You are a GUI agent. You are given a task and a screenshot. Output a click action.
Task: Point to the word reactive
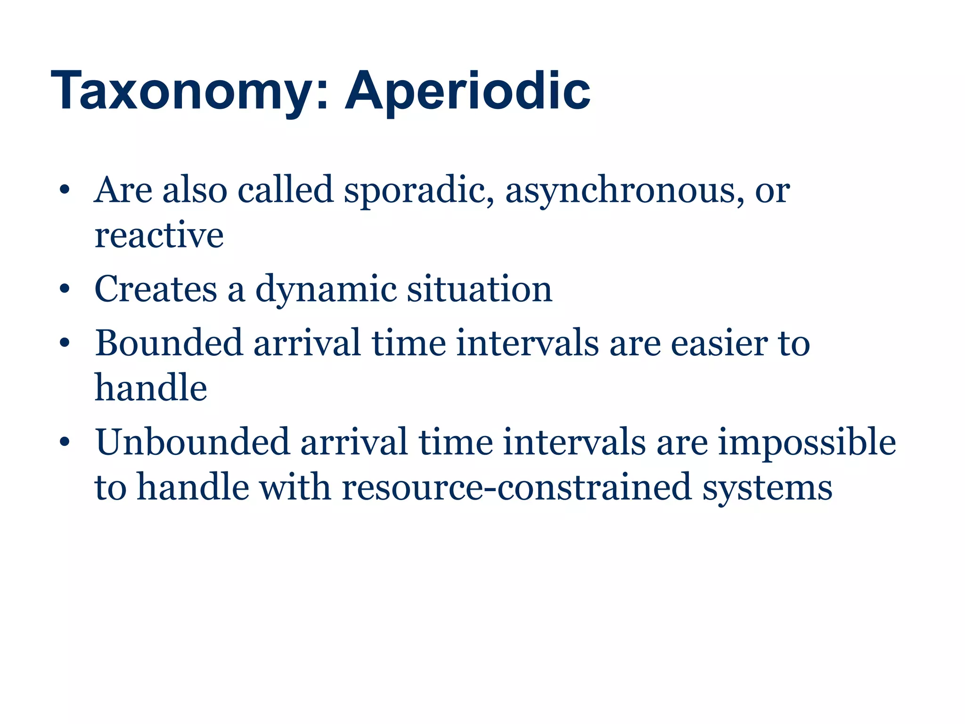[159, 235]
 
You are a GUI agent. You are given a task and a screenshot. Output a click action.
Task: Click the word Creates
[155, 289]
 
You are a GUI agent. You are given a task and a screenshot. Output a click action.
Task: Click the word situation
[479, 289]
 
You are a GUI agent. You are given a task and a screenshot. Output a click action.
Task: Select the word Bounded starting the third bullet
[169, 343]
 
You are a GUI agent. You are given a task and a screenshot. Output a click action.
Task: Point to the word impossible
[807, 443]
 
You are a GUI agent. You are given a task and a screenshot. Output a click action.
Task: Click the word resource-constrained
[516, 487]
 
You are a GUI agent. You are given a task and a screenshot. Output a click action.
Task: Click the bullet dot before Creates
[65, 289]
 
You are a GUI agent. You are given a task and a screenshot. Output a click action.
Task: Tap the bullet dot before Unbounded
[65, 443]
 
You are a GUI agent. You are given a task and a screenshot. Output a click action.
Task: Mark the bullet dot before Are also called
[65, 191]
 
